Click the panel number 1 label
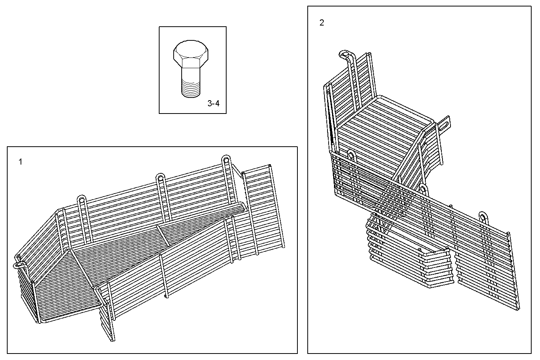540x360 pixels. coord(21,162)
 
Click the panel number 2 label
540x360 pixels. coord(322,23)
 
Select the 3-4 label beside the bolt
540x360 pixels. coord(213,103)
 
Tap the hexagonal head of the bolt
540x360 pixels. coord(191,54)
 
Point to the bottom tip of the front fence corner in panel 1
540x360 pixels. coord(113,339)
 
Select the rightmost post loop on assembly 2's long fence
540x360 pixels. coord(484,216)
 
